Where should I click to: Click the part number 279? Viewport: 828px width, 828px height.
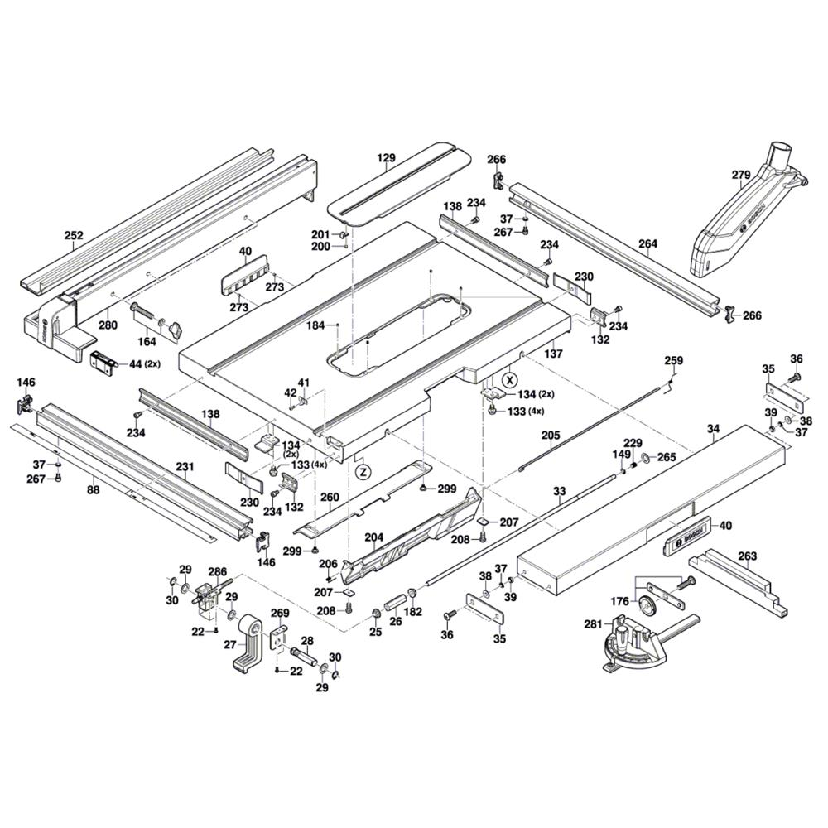click(740, 175)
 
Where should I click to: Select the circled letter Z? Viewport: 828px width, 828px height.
click(362, 472)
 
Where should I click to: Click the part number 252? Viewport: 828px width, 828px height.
click(74, 236)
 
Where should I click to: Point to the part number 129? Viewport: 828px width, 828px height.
click(387, 157)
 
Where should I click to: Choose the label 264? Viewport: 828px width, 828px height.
click(647, 243)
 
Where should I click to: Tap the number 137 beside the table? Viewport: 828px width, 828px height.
click(553, 354)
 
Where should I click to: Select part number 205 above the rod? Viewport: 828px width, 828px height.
click(551, 435)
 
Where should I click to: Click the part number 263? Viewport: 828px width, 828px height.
click(747, 557)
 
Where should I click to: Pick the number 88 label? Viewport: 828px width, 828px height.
click(93, 491)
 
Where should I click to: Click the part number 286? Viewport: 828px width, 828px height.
click(217, 571)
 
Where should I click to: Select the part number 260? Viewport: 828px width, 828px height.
click(330, 498)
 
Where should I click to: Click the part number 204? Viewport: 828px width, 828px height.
click(375, 537)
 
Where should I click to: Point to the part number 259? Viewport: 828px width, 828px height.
click(674, 360)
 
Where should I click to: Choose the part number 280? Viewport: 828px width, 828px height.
click(108, 325)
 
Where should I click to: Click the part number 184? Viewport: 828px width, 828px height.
click(315, 325)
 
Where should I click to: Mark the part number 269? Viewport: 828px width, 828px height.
click(281, 614)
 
